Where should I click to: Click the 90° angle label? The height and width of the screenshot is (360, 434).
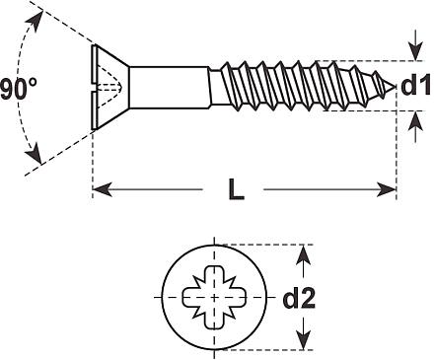pos(19,88)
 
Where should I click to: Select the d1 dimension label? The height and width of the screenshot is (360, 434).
pos(415,85)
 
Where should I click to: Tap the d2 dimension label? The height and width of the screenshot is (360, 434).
pos(299,298)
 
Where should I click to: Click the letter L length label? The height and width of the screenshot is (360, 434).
pos(237,189)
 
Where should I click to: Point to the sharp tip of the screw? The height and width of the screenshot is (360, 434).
pos(395,87)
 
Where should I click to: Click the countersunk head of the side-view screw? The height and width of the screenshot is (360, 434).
pos(109,87)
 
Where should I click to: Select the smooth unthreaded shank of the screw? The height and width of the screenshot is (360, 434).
pos(169,87)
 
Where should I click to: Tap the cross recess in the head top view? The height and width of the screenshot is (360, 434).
pos(214,297)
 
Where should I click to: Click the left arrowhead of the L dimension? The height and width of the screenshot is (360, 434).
pos(103,189)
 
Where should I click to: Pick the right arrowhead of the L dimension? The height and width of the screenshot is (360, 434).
pos(386,189)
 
